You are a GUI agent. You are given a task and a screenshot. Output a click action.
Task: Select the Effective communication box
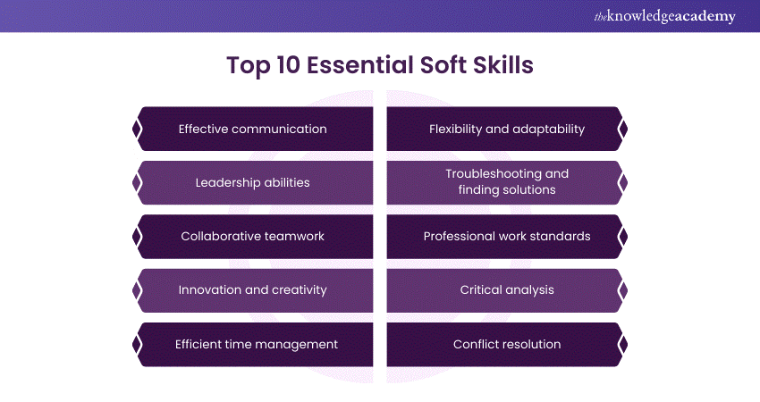[253, 129]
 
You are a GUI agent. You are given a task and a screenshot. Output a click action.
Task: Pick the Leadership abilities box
[253, 182]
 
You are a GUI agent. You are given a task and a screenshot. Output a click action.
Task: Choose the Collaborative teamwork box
[253, 237]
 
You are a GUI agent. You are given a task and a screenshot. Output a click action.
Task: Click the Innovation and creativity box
[253, 290]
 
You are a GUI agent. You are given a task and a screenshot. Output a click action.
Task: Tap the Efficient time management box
[253, 344]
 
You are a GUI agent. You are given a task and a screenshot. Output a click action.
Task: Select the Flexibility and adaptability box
[506, 129]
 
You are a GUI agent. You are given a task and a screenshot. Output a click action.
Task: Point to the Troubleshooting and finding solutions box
[506, 182]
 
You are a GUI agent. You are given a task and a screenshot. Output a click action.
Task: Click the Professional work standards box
[506, 237]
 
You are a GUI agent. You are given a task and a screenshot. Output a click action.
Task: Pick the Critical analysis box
[506, 290]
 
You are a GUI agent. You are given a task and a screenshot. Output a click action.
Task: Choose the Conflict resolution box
[506, 344]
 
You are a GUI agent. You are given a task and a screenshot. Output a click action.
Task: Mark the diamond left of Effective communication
[136, 129]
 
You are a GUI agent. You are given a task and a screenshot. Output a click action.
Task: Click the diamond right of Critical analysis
[623, 290]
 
